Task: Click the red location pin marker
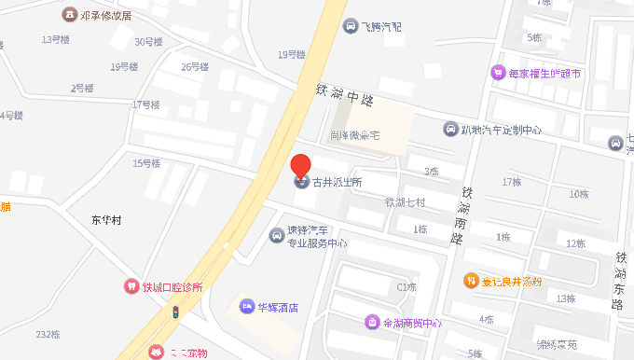(x=301, y=167)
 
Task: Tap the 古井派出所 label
(x=337, y=183)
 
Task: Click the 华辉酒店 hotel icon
(x=246, y=306)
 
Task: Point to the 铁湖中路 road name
(x=344, y=93)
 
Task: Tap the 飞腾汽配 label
(x=382, y=26)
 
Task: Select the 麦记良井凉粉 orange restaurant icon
(x=472, y=280)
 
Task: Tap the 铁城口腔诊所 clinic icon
(x=132, y=287)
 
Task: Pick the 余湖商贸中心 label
(x=411, y=323)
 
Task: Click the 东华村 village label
(x=106, y=221)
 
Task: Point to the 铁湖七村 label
(x=405, y=202)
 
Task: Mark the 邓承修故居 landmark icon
(x=69, y=15)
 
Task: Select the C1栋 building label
(x=406, y=287)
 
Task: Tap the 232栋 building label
(x=48, y=334)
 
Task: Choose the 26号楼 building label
(x=195, y=67)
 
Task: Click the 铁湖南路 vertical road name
(x=461, y=215)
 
